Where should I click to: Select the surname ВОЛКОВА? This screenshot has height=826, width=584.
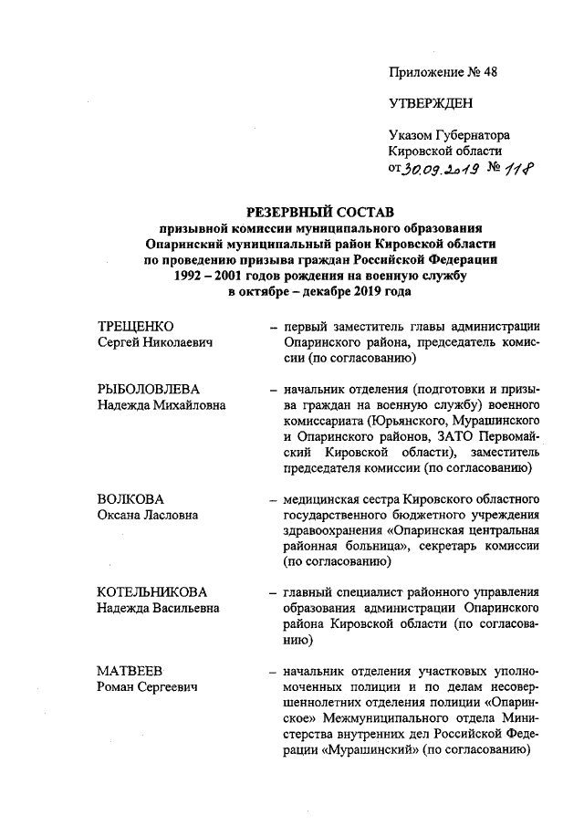[x=130, y=499]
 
